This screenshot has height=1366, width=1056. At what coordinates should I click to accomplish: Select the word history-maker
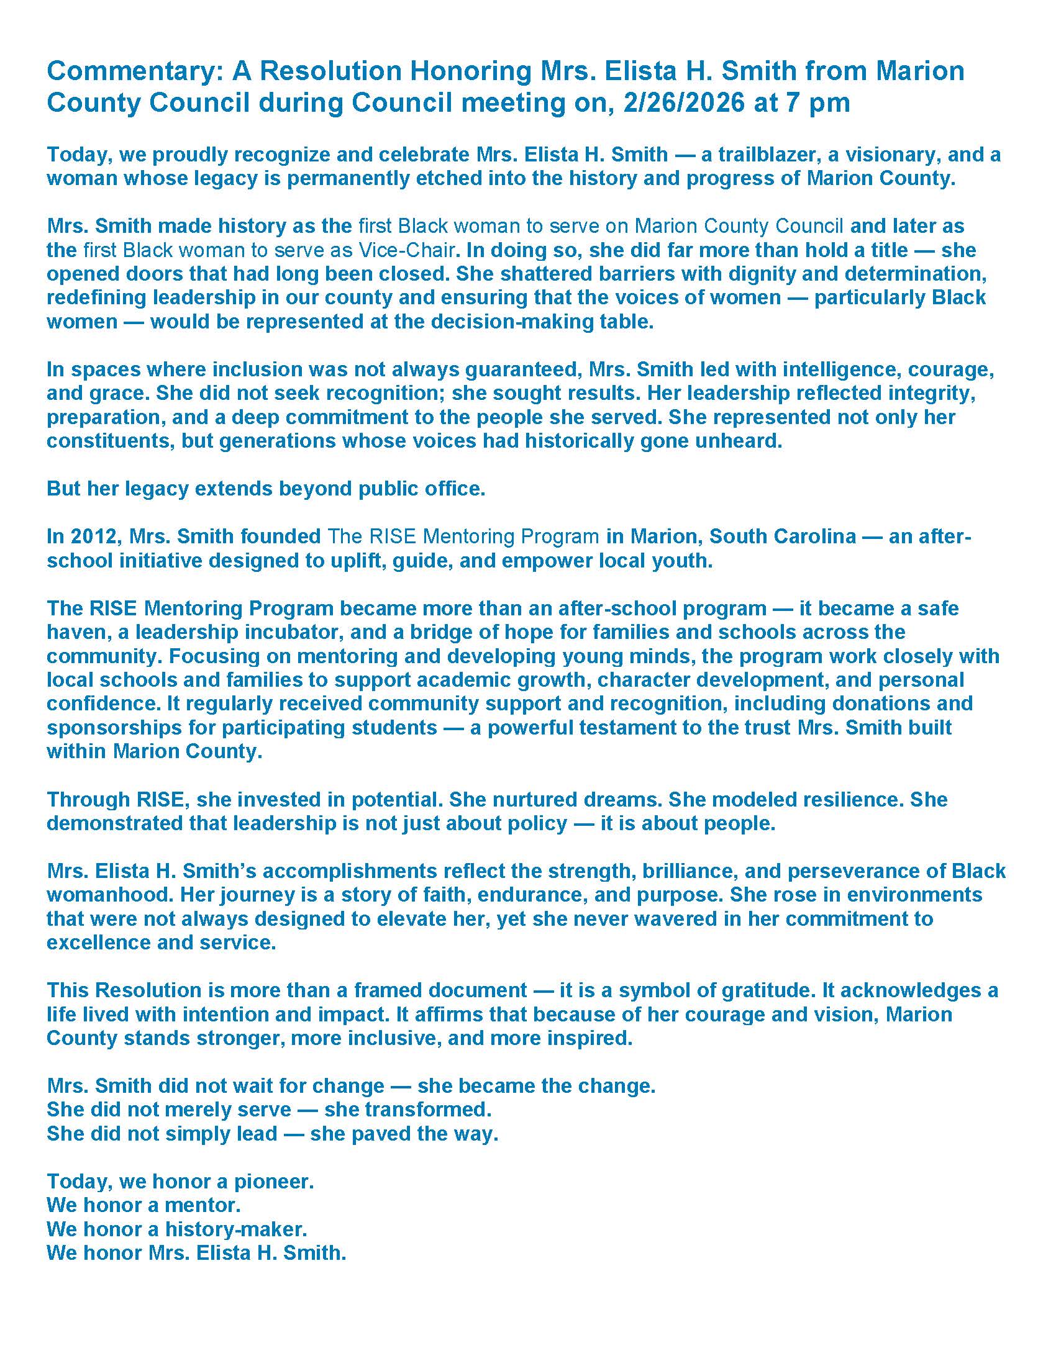click(x=236, y=1229)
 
